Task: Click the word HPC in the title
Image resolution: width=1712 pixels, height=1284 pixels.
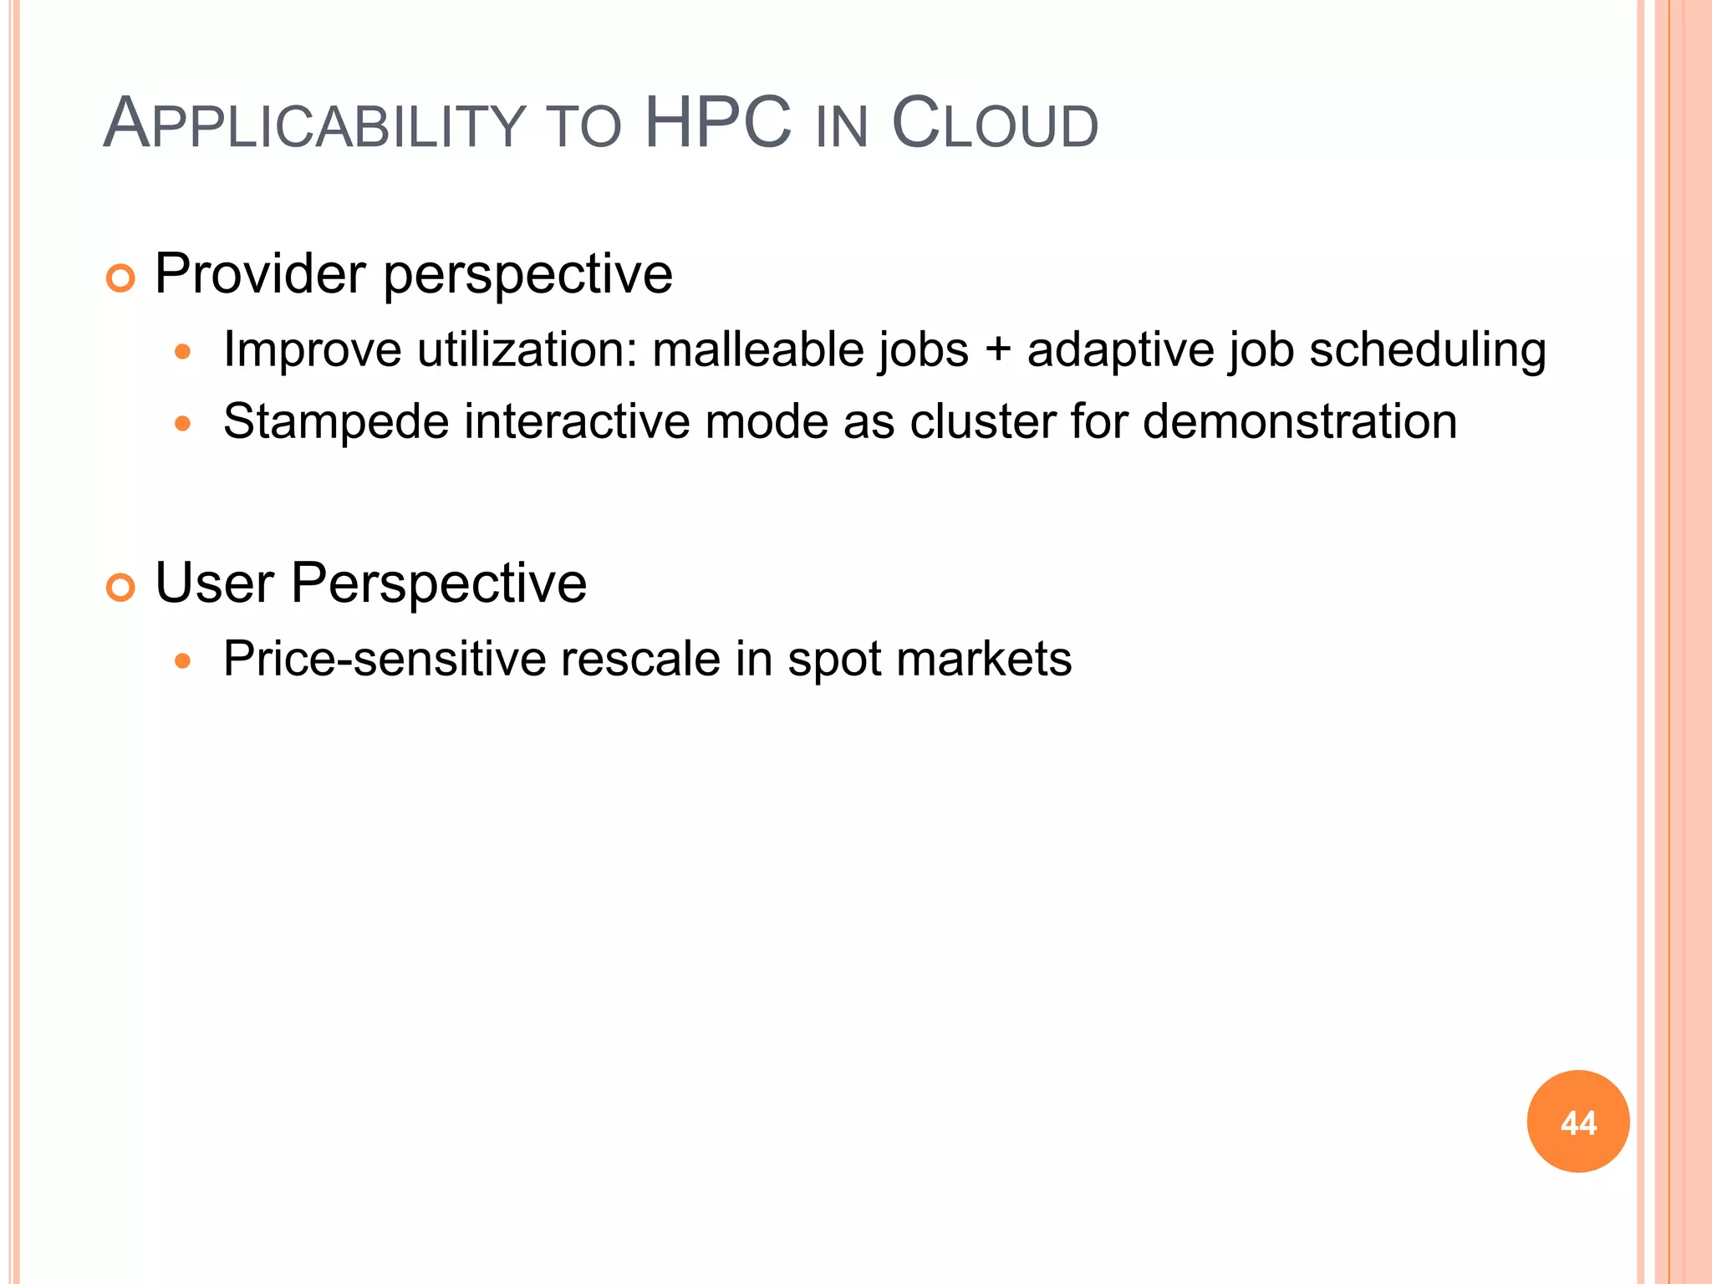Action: tap(717, 124)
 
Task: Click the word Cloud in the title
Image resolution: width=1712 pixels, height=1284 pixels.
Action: tap(994, 125)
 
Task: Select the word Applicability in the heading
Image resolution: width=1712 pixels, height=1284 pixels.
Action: tap(313, 125)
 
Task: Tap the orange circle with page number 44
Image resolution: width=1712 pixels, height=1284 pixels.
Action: tap(1577, 1122)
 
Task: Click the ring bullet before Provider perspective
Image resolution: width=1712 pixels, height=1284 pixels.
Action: tap(121, 278)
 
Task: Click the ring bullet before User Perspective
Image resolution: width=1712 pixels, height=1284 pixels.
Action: tap(121, 588)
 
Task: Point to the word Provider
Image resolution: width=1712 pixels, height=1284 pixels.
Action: tap(260, 274)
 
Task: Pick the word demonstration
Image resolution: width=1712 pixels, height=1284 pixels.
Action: tap(1299, 421)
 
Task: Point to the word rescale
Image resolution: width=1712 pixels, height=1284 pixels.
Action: tap(640, 660)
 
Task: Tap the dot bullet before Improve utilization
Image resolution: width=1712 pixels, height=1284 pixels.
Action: tap(183, 352)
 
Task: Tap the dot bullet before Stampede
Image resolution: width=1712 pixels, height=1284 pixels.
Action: tap(183, 424)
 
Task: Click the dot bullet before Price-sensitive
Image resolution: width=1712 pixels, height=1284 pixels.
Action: tap(183, 662)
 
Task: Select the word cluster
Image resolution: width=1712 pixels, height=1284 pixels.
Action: tap(982, 421)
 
